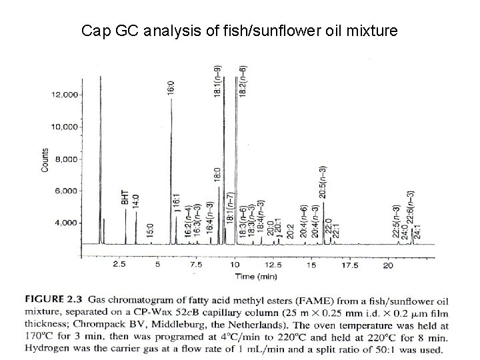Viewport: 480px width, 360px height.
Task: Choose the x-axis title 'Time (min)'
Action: click(x=237, y=275)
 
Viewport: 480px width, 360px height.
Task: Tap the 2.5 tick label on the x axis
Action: click(x=119, y=265)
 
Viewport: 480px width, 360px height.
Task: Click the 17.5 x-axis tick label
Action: click(x=350, y=265)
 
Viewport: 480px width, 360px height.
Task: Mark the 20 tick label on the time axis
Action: click(x=388, y=265)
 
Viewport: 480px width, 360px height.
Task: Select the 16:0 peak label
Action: click(x=171, y=87)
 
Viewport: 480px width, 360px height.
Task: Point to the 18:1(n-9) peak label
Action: click(x=218, y=81)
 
